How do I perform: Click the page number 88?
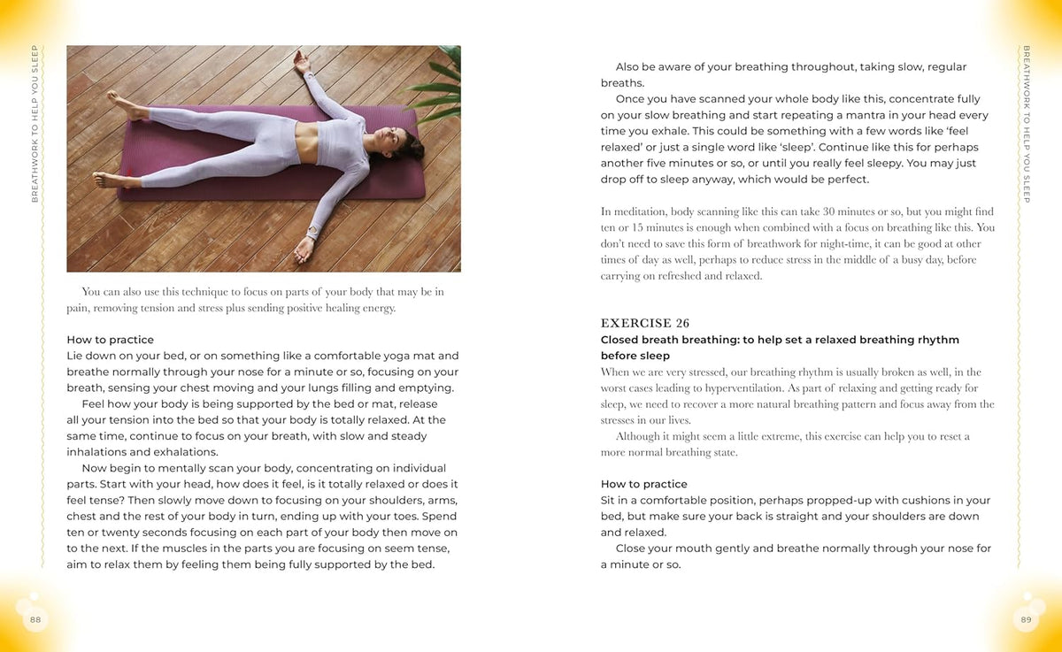[35, 619]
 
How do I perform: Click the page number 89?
[1026, 619]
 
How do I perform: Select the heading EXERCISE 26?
[644, 324]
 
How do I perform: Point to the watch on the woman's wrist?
[312, 233]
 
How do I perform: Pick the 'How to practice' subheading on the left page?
[110, 340]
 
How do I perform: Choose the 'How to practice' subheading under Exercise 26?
[643, 484]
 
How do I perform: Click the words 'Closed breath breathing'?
[668, 340]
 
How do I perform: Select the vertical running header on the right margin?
[1026, 124]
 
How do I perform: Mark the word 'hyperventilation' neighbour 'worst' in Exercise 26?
[616, 388]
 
